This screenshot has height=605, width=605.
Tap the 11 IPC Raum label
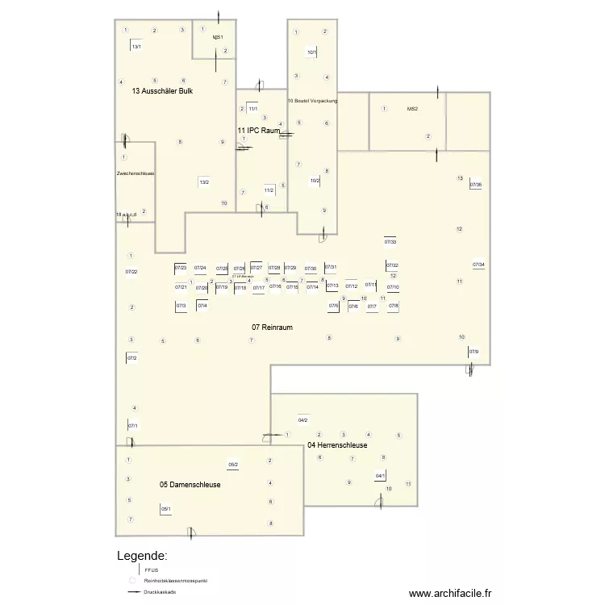pos(258,130)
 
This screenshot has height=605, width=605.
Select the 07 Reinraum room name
pos(272,327)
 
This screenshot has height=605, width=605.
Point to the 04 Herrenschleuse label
pos(337,445)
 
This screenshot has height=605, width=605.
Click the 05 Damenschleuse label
pos(190,485)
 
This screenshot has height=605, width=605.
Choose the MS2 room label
pos(412,109)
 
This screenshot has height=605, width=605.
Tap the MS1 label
pos(217,38)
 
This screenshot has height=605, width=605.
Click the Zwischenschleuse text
pos(136,173)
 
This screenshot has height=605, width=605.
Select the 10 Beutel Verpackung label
pos(312,101)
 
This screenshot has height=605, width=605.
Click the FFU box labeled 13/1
pos(136,47)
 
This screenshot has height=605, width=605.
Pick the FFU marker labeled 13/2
pos(204,182)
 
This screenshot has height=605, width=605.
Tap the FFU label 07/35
pos(476,185)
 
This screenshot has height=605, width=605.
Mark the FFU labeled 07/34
pos(478,265)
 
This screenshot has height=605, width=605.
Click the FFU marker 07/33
pos(390,242)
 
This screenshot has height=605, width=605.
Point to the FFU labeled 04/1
pos(380,476)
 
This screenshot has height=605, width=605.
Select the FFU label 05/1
pos(165,508)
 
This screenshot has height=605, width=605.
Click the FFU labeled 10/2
pos(315,181)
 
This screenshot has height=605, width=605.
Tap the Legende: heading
pos(142,556)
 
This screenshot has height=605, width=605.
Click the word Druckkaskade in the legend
pos(160,592)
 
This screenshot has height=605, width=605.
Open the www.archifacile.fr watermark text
pos(449,593)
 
